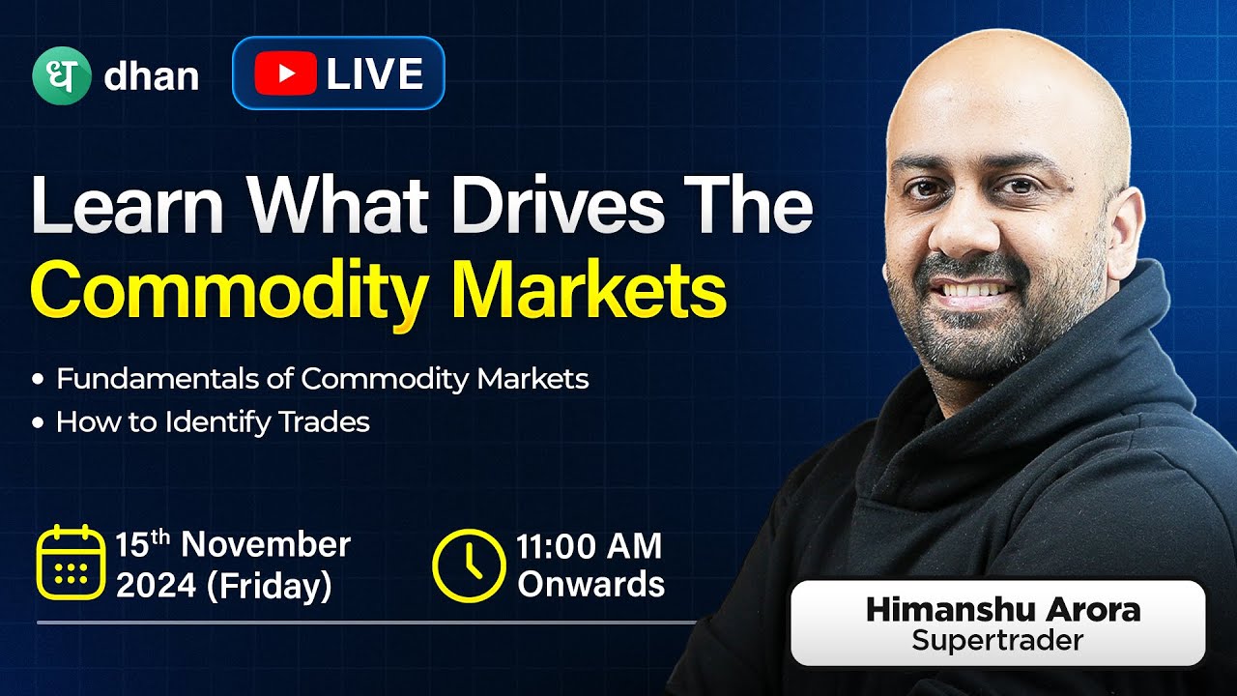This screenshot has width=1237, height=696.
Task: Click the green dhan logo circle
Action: (61, 74)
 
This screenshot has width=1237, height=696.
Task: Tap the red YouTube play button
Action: (285, 74)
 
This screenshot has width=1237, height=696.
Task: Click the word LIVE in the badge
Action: (375, 74)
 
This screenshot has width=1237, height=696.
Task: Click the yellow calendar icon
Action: (70, 562)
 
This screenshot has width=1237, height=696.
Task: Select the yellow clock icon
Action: (468, 564)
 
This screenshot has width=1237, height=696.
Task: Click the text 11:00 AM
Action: (589, 546)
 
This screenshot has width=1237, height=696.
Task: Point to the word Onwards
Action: (590, 584)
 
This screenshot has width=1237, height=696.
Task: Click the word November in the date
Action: (265, 544)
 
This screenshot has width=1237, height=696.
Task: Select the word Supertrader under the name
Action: (997, 640)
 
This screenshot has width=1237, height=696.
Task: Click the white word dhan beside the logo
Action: (151, 76)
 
